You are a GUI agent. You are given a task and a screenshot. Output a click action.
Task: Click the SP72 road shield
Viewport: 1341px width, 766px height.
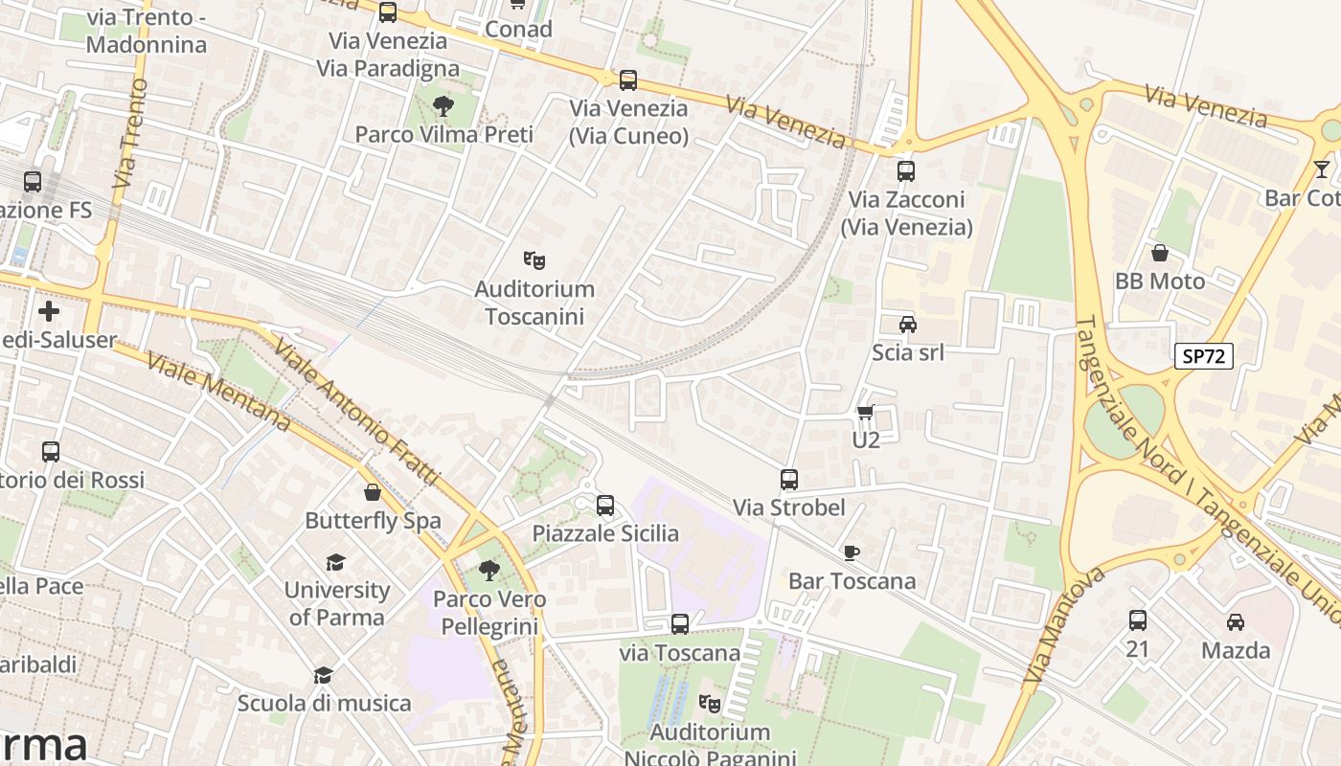[x=1203, y=356]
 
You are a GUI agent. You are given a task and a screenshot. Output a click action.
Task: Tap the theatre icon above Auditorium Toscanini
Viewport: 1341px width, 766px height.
[x=534, y=259]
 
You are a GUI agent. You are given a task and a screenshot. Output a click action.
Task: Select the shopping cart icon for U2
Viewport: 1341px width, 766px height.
[x=865, y=413]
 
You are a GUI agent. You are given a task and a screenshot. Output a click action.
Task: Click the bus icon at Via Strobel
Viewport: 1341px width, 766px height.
[x=789, y=479]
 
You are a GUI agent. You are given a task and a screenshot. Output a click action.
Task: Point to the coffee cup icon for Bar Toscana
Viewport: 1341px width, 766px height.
[x=851, y=552]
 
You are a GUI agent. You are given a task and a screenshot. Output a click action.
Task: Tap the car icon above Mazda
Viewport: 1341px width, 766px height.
[x=1236, y=621]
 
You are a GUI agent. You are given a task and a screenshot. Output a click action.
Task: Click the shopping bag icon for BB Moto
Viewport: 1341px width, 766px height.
[x=1159, y=253]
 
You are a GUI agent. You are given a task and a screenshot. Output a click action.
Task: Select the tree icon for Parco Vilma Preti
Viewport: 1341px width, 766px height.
[x=443, y=105]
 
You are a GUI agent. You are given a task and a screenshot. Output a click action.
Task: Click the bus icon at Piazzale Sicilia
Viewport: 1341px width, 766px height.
[x=605, y=505]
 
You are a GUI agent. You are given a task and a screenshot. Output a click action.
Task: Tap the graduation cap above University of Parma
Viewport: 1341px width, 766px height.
[x=335, y=562]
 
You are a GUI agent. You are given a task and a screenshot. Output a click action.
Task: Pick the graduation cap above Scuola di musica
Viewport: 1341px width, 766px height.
[x=324, y=675]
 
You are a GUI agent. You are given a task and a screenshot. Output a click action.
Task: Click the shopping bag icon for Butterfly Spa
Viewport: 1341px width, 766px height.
[x=373, y=492]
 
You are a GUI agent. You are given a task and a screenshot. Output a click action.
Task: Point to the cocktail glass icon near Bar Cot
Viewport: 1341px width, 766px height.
[x=1322, y=169]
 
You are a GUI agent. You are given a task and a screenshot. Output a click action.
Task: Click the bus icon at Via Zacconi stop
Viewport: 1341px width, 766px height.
[x=906, y=171]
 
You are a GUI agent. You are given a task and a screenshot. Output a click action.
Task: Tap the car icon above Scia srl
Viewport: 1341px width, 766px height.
[x=907, y=325]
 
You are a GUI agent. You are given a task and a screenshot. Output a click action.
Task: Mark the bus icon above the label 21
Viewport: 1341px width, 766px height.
[x=1137, y=620]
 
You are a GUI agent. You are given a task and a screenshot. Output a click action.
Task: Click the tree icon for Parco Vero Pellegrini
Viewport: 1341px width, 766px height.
[x=489, y=571]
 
